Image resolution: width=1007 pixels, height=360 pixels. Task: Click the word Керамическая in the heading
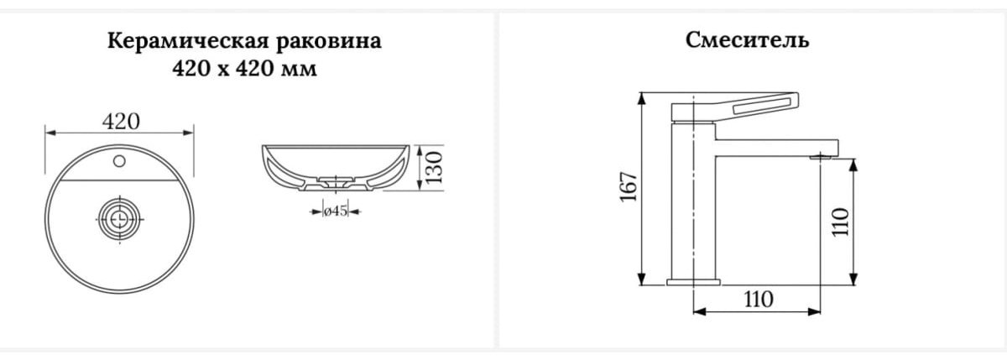[187, 41]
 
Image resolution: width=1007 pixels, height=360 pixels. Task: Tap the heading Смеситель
[747, 40]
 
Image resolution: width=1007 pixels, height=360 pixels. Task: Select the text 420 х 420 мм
[244, 69]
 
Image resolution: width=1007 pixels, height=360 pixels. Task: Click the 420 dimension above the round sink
[121, 122]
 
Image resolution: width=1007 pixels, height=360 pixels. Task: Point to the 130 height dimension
[435, 167]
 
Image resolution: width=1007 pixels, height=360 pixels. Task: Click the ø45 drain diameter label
[336, 211]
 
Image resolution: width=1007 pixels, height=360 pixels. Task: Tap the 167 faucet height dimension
[629, 186]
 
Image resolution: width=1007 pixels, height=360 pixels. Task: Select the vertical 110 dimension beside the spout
[840, 222]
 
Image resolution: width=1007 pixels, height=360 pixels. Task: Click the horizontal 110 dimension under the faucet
[759, 299]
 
